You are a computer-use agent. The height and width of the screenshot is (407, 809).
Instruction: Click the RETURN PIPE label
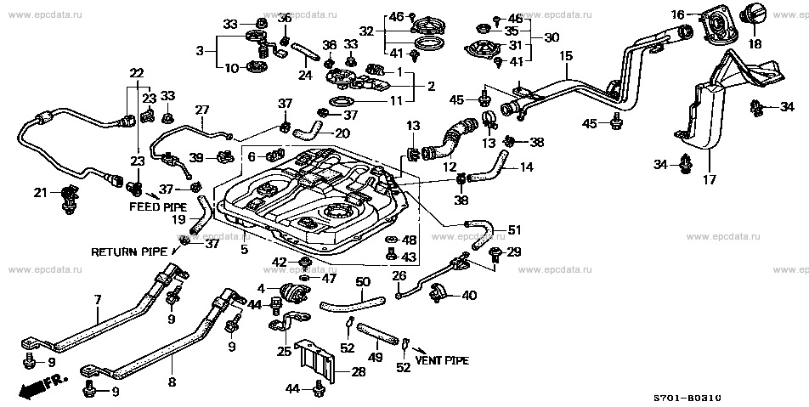(129, 252)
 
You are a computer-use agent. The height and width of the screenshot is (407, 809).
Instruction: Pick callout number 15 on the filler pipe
(566, 57)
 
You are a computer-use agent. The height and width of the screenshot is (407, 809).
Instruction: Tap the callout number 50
(362, 282)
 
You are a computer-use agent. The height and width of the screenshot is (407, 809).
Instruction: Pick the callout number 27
(201, 110)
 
